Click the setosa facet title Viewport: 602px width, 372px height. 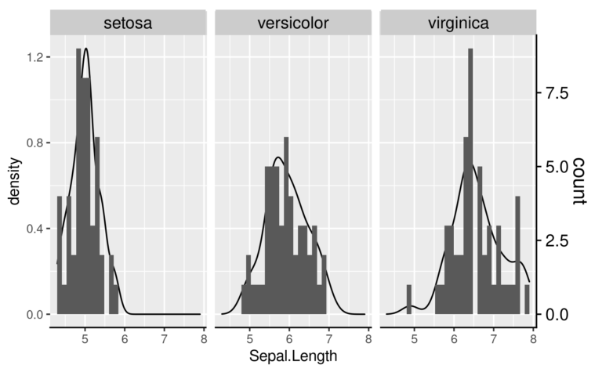click(129, 23)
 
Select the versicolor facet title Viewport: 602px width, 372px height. click(294, 23)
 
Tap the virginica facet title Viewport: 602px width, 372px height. click(459, 23)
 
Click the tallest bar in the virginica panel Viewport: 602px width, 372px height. click(470, 180)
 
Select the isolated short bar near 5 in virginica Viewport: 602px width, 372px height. click(409, 299)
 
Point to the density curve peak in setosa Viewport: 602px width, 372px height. click(85, 49)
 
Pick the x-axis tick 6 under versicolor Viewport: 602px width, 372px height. click(288, 339)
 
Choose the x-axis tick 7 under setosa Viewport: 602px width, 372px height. click(164, 339)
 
